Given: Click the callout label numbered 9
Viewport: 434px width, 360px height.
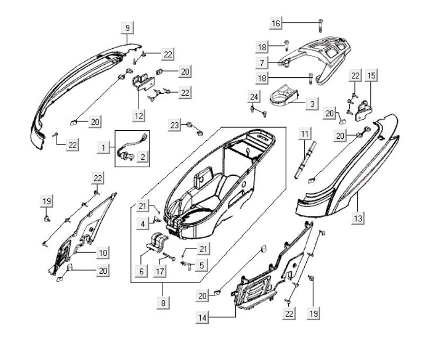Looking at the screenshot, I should click(127, 27).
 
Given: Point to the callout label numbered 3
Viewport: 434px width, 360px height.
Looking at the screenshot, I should click(312, 104).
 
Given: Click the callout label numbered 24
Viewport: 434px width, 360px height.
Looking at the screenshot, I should click(254, 96).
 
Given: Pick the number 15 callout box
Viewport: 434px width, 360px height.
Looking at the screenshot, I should click(371, 76).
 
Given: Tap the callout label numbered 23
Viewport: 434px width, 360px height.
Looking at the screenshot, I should click(174, 125).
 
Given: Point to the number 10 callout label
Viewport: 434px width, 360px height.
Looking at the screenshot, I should click(103, 253).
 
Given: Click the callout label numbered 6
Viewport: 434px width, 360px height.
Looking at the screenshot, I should click(141, 272).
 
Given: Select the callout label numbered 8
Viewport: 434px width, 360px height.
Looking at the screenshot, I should click(163, 303).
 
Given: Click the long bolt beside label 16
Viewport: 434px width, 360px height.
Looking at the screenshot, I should click(321, 23).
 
